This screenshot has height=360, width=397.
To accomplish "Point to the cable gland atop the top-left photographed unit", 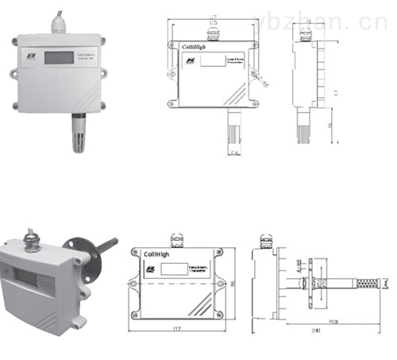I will click(x=60, y=23).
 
